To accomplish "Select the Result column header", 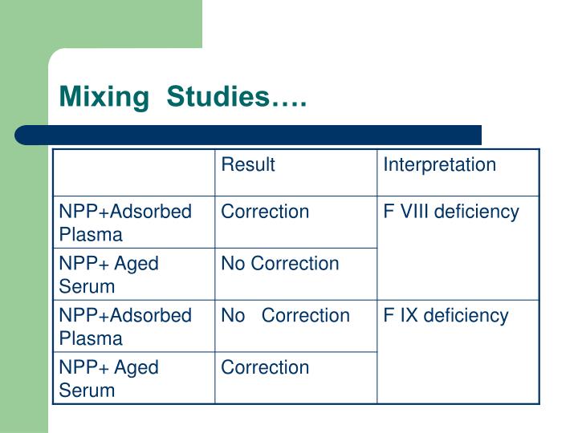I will (248, 165).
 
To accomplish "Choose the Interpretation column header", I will (439, 165).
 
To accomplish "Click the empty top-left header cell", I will (133, 172).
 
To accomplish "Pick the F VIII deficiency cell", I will (450, 212).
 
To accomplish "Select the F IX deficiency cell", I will (445, 316).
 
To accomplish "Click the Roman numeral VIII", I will (410, 212).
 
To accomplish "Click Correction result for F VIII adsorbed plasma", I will (265, 212).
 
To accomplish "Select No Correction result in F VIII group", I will (280, 264).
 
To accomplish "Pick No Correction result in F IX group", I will (285, 316).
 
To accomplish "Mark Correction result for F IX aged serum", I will (265, 368).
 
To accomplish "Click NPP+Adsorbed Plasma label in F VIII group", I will (125, 223).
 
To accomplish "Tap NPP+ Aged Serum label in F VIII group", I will (109, 274).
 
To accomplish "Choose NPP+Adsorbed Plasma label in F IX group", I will (125, 326).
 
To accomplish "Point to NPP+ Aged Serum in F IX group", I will (109, 378).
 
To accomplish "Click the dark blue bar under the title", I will (249, 134).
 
